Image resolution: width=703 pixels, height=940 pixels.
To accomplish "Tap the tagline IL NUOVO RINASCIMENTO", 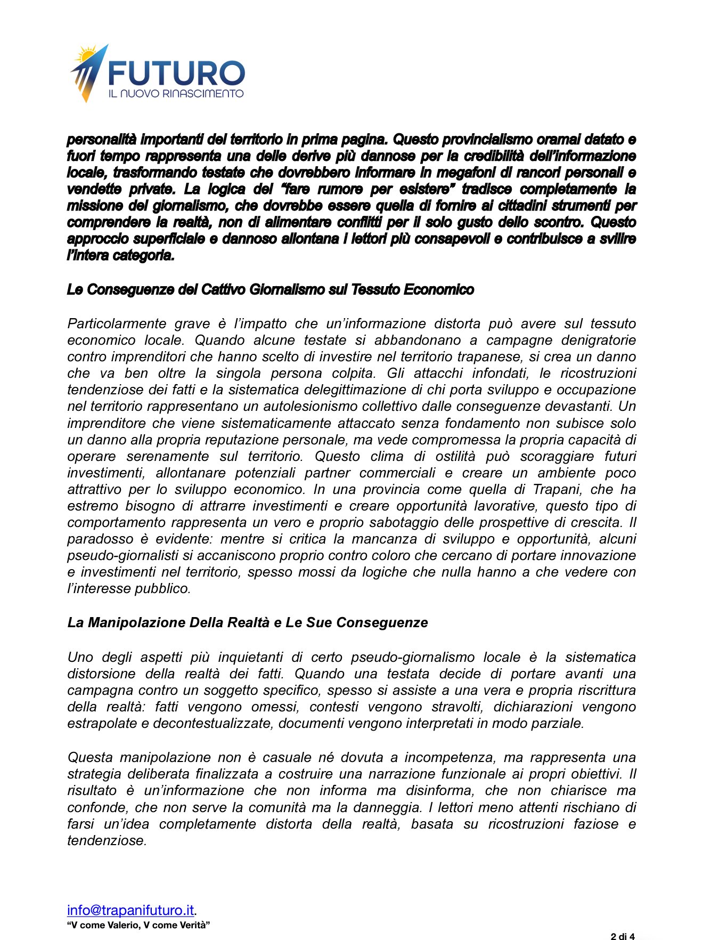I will click(176, 94).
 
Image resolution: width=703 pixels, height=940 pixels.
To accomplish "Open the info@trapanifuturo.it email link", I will click(130, 910).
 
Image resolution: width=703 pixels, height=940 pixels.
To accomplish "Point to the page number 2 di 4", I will click(622, 936).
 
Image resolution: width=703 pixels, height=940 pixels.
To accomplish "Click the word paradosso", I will click(103, 539).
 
